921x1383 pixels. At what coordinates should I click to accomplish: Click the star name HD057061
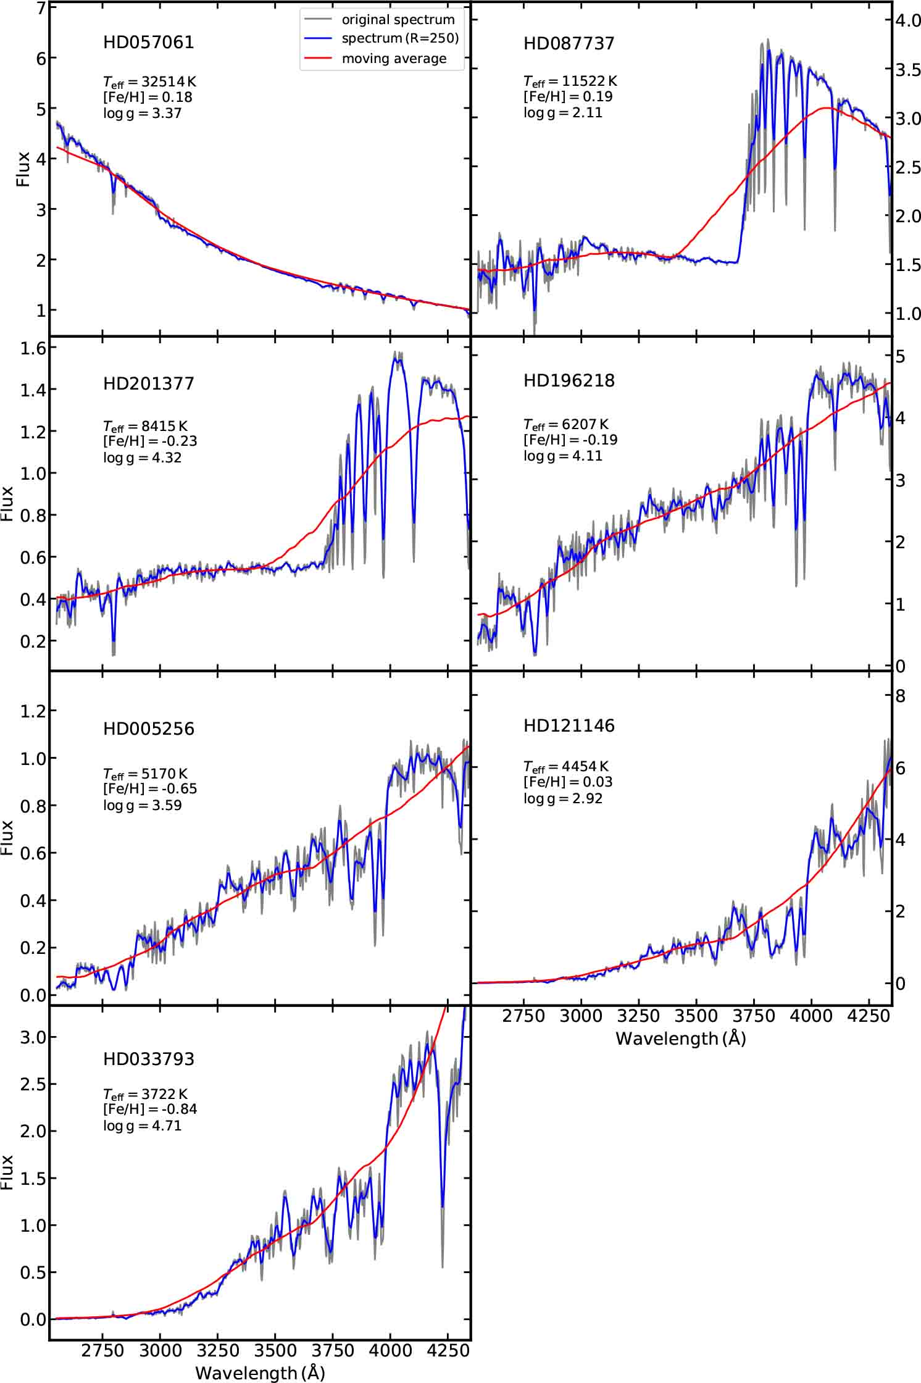tap(148, 42)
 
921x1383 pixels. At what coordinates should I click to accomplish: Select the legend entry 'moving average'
tap(393, 59)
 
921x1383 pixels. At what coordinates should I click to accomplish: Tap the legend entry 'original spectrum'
tap(398, 19)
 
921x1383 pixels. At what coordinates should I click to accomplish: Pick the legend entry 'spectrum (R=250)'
tap(399, 38)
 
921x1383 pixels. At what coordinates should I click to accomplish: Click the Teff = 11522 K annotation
tap(570, 81)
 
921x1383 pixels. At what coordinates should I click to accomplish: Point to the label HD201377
tap(148, 383)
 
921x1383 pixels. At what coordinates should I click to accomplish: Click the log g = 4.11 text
tap(562, 456)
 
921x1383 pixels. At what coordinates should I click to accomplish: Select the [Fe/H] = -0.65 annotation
tap(150, 789)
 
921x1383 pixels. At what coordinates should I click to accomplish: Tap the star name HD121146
tap(569, 725)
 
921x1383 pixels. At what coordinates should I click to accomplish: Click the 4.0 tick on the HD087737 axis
tap(907, 20)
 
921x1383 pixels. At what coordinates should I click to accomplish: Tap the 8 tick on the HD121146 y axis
tap(901, 696)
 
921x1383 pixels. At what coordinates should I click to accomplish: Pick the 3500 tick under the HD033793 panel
tap(275, 1350)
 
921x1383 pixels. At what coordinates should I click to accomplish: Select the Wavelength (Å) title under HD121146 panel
tap(680, 1038)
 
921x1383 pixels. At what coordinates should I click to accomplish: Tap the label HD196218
tap(569, 380)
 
